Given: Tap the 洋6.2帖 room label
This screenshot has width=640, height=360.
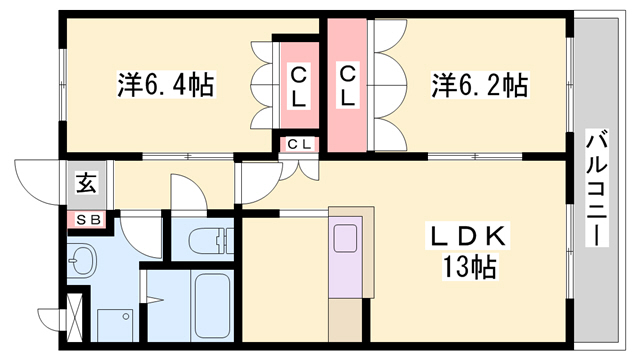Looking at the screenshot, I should pos(479,84).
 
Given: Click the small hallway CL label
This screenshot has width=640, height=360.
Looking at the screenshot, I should pos(299,144).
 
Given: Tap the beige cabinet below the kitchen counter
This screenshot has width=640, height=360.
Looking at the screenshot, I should pos(346,322).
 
